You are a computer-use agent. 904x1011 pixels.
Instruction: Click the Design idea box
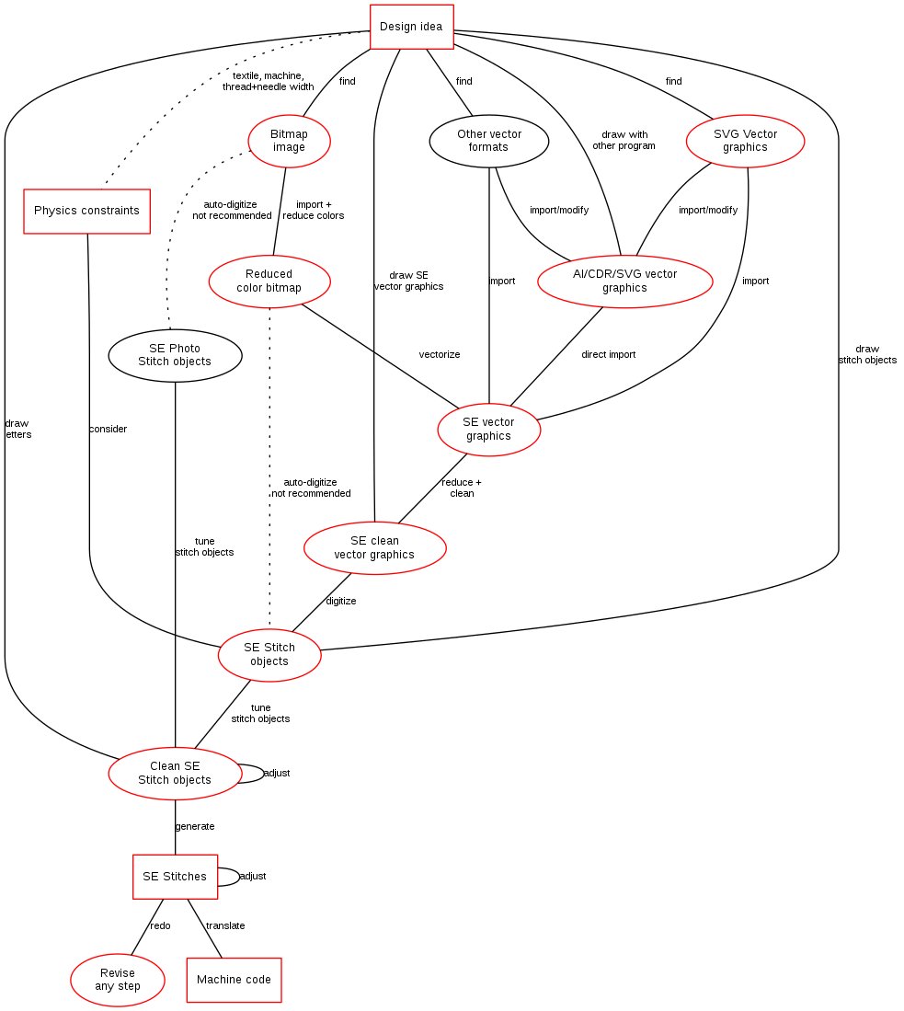click(x=411, y=27)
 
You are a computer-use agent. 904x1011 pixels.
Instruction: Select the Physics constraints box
click(x=87, y=211)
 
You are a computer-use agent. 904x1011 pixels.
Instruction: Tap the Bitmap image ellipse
click(x=289, y=141)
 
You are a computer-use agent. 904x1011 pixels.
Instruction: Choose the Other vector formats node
click(x=488, y=141)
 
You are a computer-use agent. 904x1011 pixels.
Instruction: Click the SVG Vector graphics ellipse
click(x=746, y=141)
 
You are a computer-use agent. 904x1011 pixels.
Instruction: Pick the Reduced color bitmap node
click(x=269, y=281)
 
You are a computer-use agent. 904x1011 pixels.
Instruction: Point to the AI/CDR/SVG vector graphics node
click(x=624, y=281)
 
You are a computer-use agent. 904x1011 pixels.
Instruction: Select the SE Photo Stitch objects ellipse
click(x=175, y=355)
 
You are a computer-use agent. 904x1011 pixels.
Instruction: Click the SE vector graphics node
click(x=488, y=430)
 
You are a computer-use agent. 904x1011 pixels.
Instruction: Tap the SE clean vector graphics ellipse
click(x=374, y=548)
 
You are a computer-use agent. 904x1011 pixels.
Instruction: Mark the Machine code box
click(x=235, y=980)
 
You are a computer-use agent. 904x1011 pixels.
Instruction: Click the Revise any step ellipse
click(x=118, y=980)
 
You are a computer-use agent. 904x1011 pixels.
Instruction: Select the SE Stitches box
click(x=175, y=877)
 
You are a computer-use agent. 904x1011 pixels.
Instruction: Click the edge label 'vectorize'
click(x=439, y=354)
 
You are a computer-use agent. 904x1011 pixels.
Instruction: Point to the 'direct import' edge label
click(x=608, y=354)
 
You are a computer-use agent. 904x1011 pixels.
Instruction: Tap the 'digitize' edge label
click(x=340, y=601)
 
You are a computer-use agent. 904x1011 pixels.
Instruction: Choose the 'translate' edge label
click(x=225, y=925)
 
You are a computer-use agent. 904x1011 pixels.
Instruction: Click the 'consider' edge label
click(x=108, y=430)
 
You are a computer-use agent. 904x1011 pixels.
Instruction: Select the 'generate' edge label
click(x=195, y=827)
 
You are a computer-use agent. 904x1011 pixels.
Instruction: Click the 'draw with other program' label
click(x=624, y=141)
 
